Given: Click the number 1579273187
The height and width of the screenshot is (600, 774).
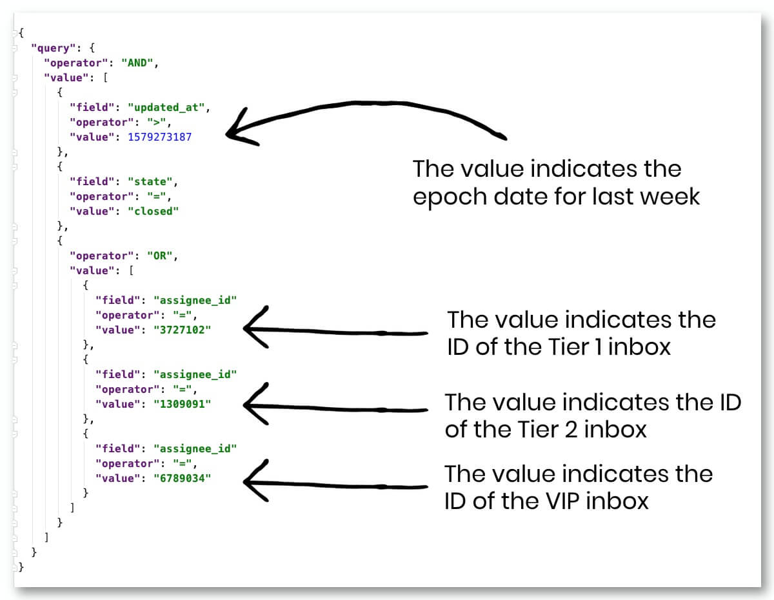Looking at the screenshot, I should click(159, 137).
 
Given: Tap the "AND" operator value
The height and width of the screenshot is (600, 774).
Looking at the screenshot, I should click(139, 63).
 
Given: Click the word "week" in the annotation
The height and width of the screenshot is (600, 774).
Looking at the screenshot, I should click(671, 196).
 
